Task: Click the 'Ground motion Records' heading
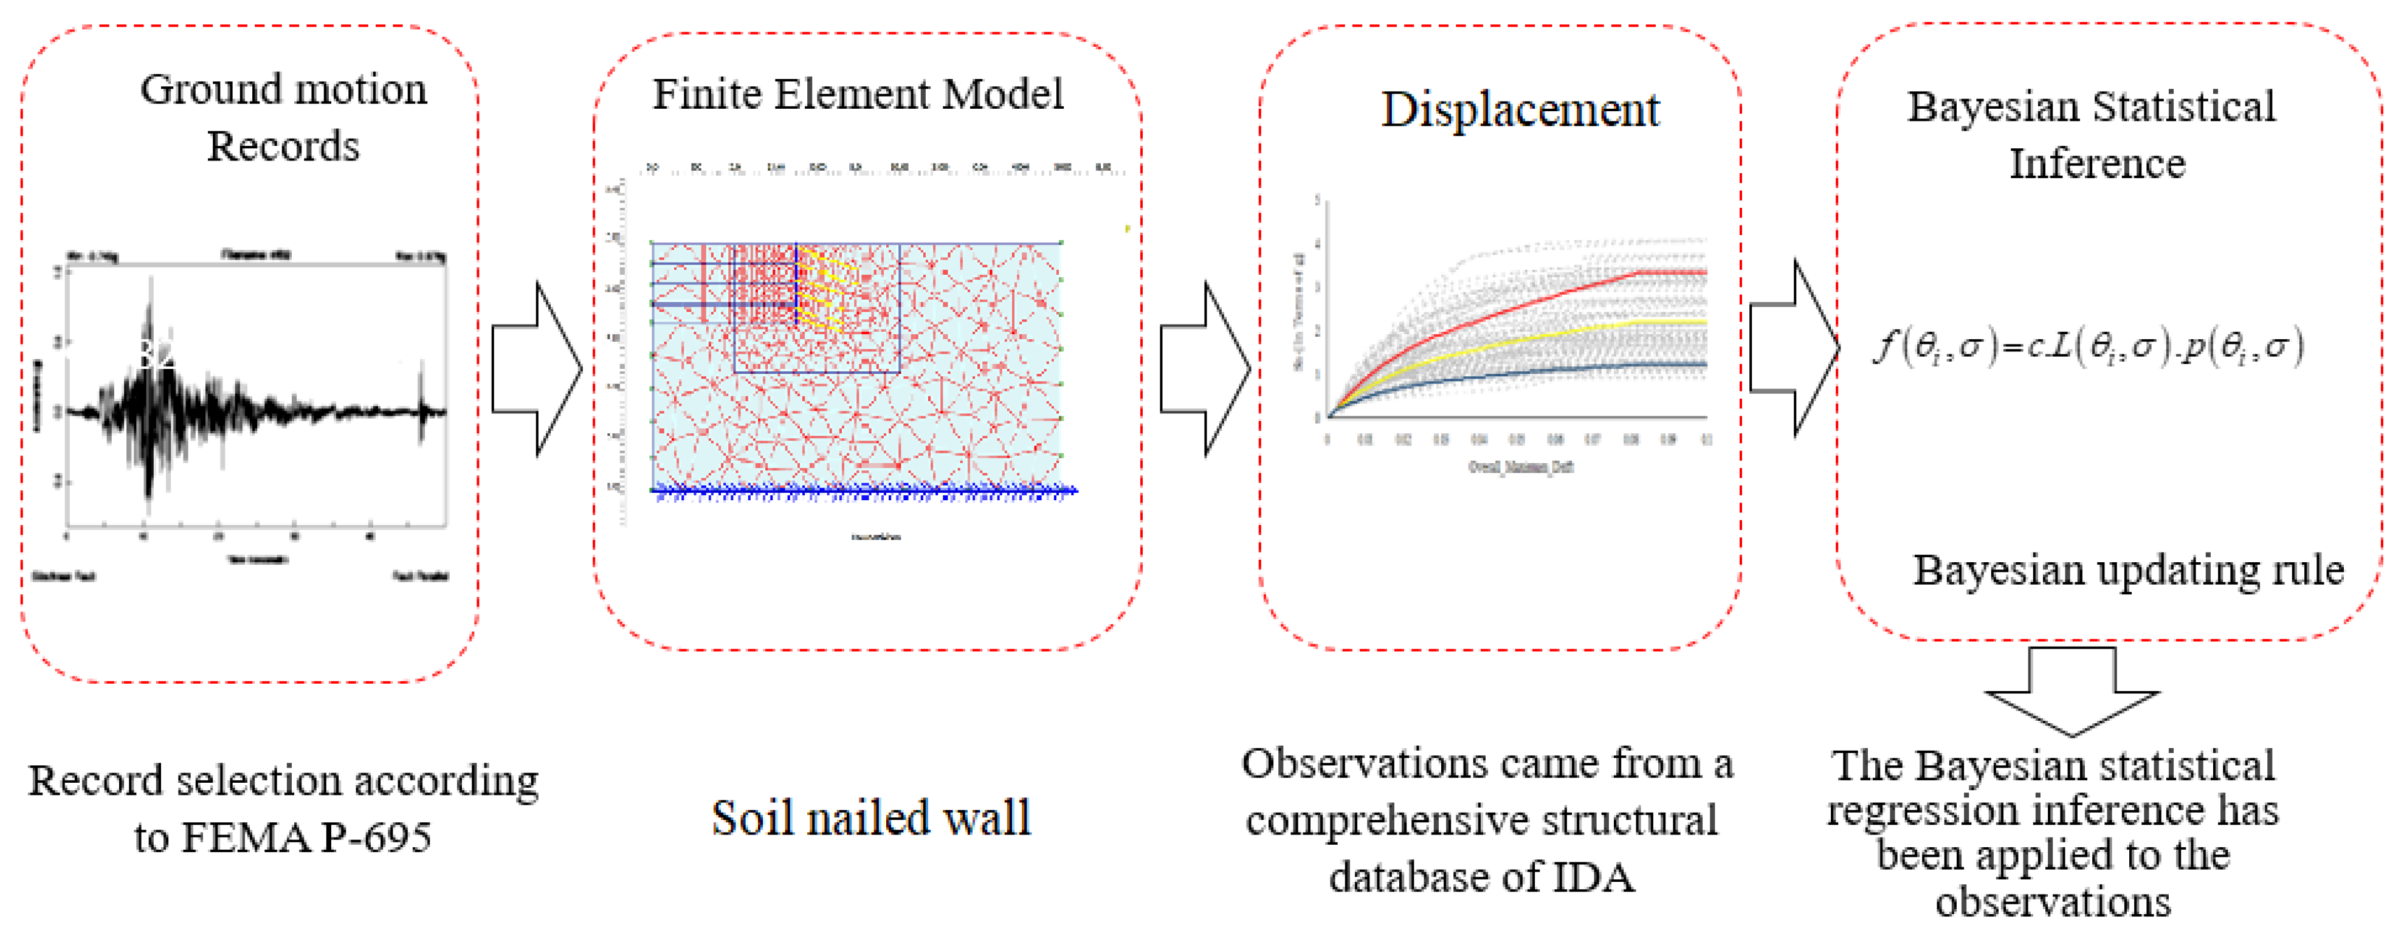pos(284,118)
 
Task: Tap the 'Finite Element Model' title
pos(856,94)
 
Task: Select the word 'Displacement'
pos(1520,110)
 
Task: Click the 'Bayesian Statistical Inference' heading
pos(2092,134)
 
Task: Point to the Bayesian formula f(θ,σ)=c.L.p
pos(2089,347)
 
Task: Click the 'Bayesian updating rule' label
pos(2128,570)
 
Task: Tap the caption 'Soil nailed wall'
pos(870,819)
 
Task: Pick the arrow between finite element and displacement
pos(1205,369)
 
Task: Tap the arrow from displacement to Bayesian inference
pos(1793,347)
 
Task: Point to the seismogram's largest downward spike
pos(148,495)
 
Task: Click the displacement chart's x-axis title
pos(1521,467)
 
